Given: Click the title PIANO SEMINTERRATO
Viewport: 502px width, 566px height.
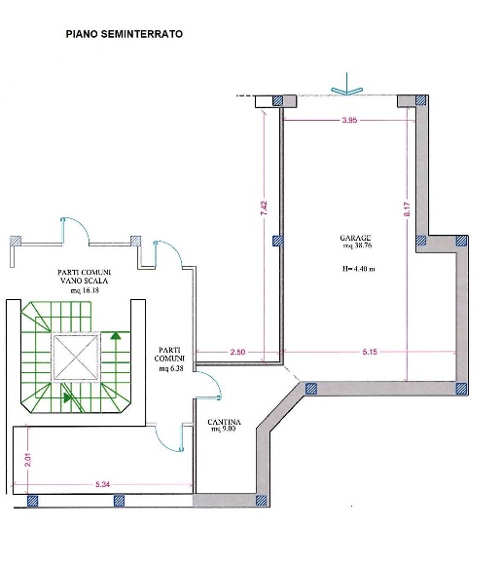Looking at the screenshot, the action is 125,34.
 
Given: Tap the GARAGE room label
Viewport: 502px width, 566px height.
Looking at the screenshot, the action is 355,238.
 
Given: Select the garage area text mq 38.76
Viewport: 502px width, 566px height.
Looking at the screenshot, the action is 357,245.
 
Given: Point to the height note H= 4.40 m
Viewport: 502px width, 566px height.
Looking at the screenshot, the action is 358,269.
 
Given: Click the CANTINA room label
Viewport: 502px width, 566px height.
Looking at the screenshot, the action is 224,422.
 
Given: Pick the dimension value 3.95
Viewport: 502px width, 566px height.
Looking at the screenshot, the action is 349,120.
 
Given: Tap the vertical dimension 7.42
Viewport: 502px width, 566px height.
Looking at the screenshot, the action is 265,208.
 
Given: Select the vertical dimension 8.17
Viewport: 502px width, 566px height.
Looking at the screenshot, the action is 407,209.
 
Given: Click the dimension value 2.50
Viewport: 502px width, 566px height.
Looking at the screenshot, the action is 237,352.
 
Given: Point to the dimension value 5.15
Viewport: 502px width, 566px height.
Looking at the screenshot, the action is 370,352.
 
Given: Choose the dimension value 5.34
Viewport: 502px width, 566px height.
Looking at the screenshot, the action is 103,484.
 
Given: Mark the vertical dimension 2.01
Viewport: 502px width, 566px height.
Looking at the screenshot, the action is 28,460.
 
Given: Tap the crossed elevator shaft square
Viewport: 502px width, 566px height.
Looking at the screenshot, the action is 76,358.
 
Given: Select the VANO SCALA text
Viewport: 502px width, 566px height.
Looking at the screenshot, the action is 84,281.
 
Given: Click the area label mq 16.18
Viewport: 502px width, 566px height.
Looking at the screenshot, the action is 85,290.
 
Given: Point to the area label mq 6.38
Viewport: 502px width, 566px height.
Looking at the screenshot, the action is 171,369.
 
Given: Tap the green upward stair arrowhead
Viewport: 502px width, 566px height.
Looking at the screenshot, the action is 116,335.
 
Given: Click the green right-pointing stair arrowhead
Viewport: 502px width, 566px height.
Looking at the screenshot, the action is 67,397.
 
